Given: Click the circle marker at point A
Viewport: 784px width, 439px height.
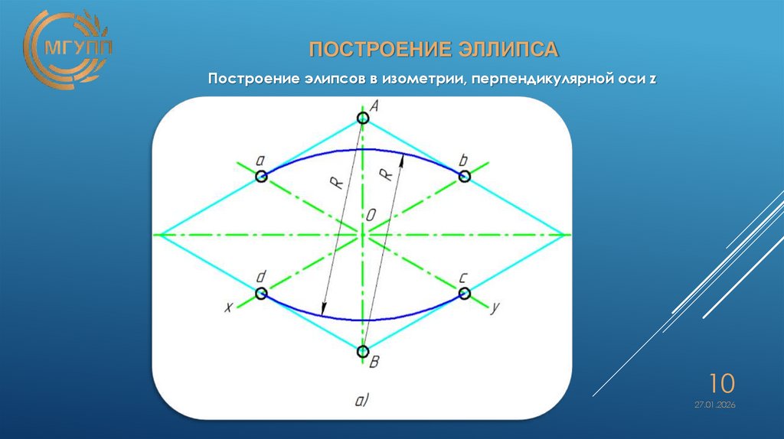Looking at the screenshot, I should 362,118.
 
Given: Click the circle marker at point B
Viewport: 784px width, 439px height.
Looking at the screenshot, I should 362,351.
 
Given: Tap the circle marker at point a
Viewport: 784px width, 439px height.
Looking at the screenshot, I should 261,177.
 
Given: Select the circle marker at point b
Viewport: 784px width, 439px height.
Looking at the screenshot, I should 464,176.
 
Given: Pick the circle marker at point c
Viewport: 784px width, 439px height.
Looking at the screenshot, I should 464,293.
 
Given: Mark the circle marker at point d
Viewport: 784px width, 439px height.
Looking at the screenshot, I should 261,293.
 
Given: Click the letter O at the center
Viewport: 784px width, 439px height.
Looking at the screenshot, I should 371,217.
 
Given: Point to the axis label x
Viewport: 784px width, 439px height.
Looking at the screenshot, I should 227,307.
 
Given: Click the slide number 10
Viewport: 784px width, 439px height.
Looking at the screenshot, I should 721,382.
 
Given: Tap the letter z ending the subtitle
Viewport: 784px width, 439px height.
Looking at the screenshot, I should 653,80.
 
